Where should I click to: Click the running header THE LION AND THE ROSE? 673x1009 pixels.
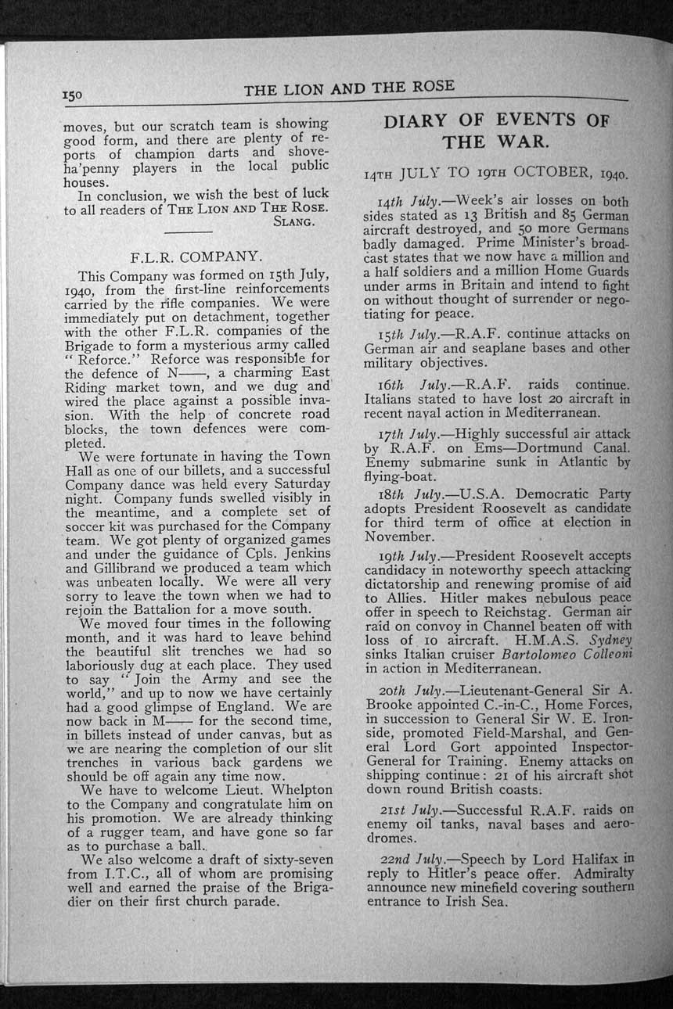348,88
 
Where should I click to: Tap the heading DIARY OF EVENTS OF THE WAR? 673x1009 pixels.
496,131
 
